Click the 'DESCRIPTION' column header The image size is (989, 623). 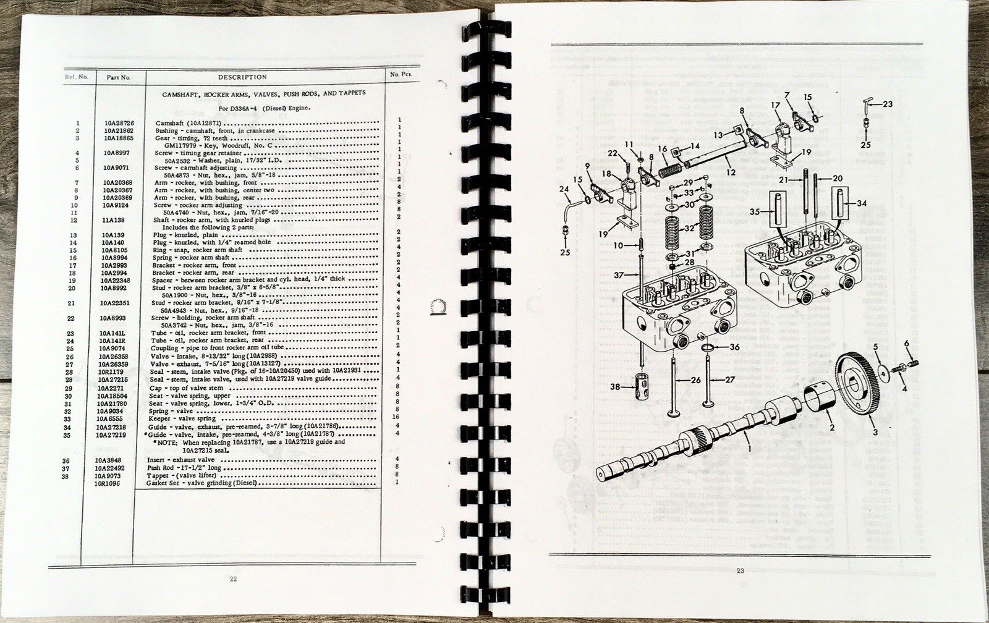click(242, 77)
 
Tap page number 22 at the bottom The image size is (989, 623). click(233, 578)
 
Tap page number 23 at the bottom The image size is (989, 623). click(740, 570)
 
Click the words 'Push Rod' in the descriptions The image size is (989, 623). click(162, 468)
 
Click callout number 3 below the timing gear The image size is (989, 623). click(875, 432)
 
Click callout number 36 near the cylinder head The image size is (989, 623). click(734, 347)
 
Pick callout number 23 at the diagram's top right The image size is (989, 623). click(888, 104)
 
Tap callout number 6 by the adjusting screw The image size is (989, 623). click(907, 343)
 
